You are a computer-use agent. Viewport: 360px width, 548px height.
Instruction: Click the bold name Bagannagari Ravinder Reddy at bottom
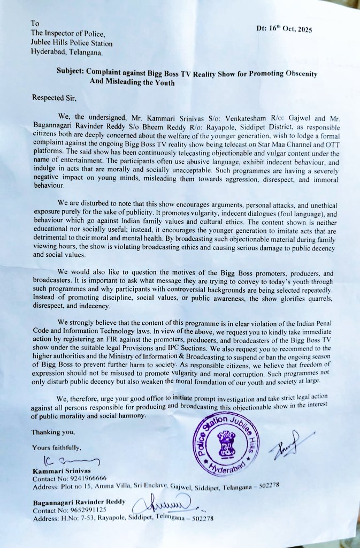79,502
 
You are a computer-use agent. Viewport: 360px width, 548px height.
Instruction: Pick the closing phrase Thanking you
53,432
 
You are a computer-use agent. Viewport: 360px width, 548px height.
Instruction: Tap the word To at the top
35,24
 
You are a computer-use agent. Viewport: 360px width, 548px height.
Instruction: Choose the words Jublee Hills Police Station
72,43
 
